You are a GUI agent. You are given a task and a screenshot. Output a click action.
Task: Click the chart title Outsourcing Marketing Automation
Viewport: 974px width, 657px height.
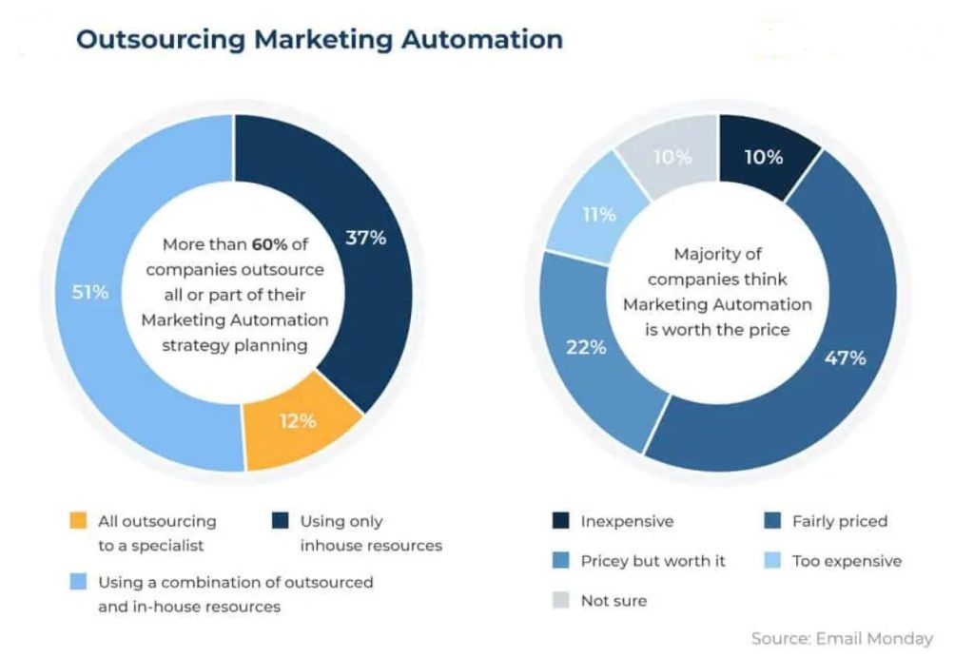coord(319,40)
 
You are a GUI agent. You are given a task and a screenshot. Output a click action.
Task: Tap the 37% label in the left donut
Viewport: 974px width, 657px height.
coord(365,239)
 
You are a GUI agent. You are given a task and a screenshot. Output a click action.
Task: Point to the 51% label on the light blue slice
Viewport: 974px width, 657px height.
coord(90,292)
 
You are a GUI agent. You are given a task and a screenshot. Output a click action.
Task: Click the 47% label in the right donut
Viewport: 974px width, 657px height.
coord(845,357)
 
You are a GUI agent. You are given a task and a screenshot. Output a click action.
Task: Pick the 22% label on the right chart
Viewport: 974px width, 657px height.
coord(586,347)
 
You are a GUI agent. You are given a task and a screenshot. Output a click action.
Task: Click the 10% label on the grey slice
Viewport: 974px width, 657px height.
coord(672,157)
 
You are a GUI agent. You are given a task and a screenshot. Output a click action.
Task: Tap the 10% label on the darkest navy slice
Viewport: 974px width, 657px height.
coord(763,157)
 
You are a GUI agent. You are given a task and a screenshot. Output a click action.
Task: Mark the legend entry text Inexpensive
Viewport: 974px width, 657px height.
coord(627,521)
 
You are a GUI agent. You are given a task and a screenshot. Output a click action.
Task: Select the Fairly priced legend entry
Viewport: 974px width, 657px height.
coord(839,521)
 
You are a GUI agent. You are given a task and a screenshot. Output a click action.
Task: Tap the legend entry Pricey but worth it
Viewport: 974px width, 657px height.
coord(653,561)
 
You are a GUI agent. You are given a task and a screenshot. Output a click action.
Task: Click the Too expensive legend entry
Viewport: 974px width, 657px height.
coord(847,561)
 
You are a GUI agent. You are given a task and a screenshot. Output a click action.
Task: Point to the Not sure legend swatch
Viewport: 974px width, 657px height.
coord(561,601)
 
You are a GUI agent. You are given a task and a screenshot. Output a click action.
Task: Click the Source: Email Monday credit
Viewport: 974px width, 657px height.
coord(842,638)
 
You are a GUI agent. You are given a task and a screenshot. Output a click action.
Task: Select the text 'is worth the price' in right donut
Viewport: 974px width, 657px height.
coord(717,329)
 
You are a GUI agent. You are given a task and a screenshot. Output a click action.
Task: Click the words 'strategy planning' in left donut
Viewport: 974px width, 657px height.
coord(235,344)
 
